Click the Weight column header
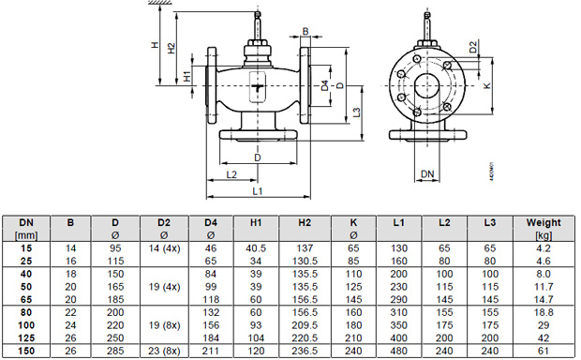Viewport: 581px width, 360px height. (x=544, y=223)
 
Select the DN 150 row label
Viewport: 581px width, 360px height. (x=26, y=351)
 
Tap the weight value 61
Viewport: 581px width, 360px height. (x=544, y=351)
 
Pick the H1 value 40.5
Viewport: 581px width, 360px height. (x=256, y=248)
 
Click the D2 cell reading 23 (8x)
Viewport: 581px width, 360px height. (x=164, y=351)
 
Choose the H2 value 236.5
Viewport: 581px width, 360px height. (x=305, y=351)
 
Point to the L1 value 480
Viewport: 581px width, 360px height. (x=398, y=351)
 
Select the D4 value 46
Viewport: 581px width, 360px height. (x=211, y=248)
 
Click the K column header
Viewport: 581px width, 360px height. (x=353, y=223)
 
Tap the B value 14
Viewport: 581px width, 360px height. (x=70, y=248)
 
